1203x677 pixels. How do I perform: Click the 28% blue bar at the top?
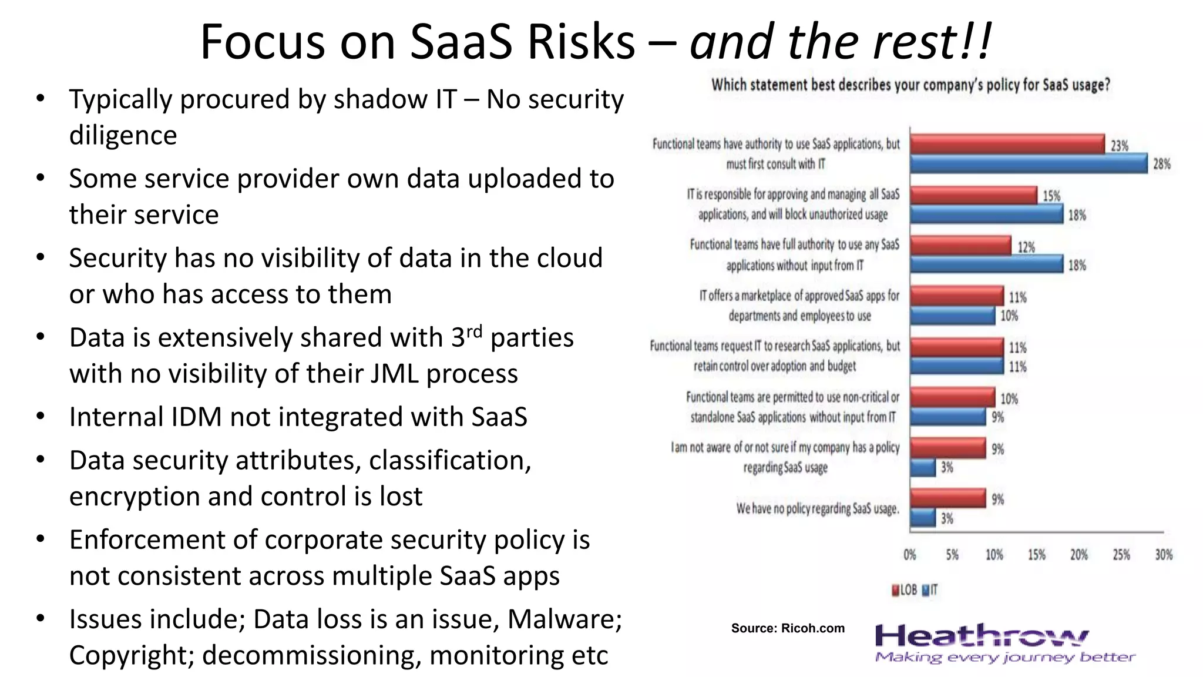pos(1028,163)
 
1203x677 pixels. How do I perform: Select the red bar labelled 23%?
pos(1007,144)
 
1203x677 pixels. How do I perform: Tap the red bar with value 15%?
pos(973,195)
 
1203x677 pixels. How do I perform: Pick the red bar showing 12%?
pos(960,246)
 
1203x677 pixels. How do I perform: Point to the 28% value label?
pos(1161,164)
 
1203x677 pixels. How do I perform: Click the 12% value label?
pos(1026,247)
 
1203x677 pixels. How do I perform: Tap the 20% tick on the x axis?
pos(1078,555)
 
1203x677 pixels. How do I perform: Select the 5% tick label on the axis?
pos(952,555)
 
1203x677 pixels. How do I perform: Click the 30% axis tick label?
pos(1163,555)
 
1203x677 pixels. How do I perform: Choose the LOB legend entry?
pos(905,590)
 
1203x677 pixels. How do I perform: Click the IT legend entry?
pos(930,590)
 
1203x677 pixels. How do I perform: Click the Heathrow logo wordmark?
pos(981,636)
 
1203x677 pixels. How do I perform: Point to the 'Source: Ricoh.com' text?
pos(788,628)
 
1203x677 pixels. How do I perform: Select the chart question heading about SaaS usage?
pos(910,85)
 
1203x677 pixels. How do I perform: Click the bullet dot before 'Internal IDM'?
pos(40,416)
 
